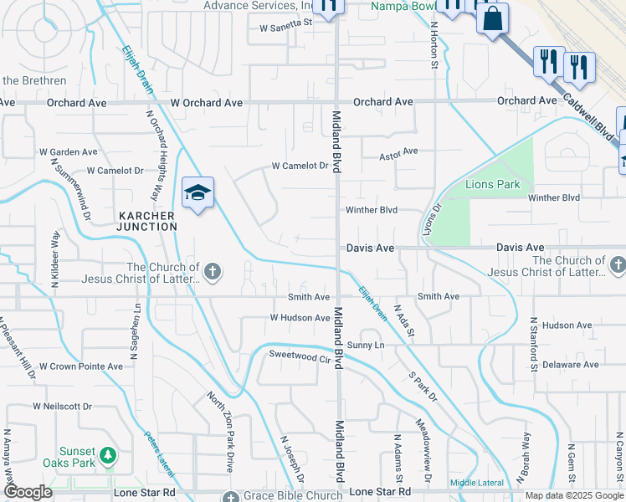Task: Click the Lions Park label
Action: [494, 184]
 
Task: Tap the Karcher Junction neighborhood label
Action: [146, 221]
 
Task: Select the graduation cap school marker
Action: [198, 193]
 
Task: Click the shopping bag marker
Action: [493, 18]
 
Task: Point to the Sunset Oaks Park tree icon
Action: [107, 456]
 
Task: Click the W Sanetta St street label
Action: [285, 24]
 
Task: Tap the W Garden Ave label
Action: [69, 152]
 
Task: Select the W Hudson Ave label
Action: [300, 318]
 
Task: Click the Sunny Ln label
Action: [365, 345]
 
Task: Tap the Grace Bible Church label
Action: [282, 495]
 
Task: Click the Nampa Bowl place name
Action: [402, 5]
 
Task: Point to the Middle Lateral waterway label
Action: [477, 483]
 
